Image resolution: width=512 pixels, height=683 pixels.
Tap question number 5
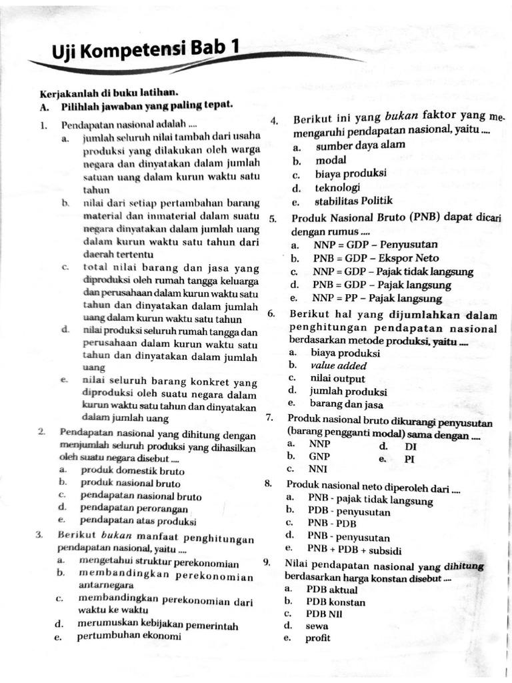click(x=273, y=218)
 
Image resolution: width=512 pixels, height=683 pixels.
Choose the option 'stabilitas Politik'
click(x=354, y=201)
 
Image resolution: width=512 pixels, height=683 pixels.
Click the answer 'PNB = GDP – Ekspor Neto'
click(x=376, y=258)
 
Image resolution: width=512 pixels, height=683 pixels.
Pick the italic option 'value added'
click(x=339, y=366)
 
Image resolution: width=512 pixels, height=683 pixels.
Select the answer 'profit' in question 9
click(x=318, y=638)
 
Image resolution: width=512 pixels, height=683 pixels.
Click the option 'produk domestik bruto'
click(x=123, y=471)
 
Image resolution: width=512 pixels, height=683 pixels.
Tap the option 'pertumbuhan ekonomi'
click(x=129, y=636)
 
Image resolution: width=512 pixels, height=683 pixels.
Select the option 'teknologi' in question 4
click(x=338, y=187)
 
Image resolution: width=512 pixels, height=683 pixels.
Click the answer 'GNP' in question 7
click(x=319, y=456)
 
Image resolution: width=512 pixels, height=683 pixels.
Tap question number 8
click(x=267, y=484)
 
